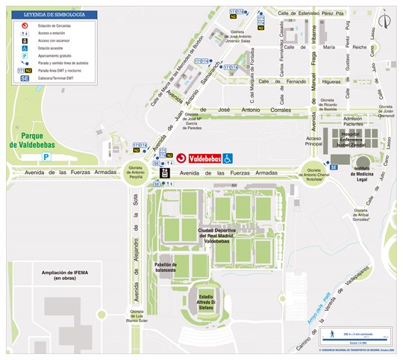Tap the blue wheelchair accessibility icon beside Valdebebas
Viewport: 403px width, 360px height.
pyautogui.click(x=229, y=158)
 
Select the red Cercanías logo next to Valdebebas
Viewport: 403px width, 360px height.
pyautogui.click(x=181, y=158)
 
